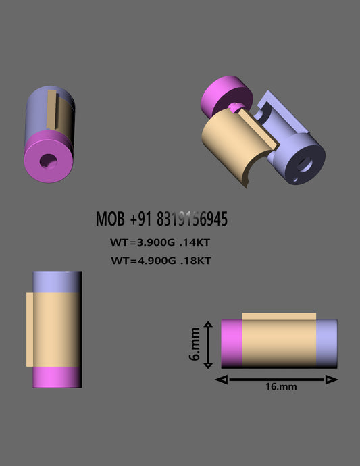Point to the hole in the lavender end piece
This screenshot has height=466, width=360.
pyautogui.click(x=303, y=162)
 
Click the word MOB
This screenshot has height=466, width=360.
pyautogui.click(x=111, y=219)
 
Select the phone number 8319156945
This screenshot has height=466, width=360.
pyautogui.click(x=191, y=219)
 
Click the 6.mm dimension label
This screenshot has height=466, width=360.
pyautogui.click(x=195, y=344)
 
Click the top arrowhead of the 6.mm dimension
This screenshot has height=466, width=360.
pyautogui.click(x=208, y=326)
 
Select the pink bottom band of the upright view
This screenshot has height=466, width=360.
pyautogui.click(x=57, y=377)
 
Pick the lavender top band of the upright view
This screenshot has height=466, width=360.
pyautogui.click(x=57, y=282)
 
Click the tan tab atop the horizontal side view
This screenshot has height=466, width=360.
pyautogui.click(x=279, y=316)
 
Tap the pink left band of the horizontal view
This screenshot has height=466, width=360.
pyautogui.click(x=232, y=344)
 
